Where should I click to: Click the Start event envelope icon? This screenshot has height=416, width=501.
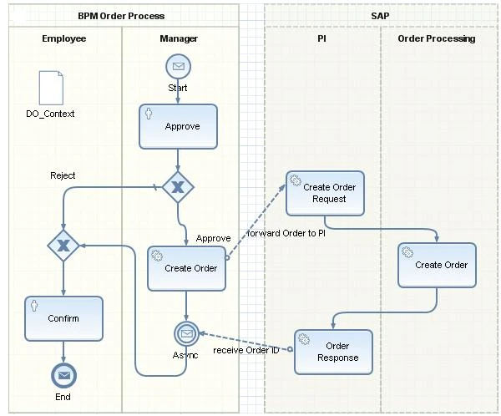click(x=177, y=67)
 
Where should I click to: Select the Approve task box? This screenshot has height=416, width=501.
click(x=178, y=126)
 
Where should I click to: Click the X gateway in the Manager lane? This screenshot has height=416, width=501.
click(x=177, y=188)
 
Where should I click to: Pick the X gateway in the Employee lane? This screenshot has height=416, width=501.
click(x=63, y=246)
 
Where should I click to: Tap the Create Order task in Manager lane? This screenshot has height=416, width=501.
click(x=186, y=268)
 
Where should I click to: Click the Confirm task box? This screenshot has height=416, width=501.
click(x=63, y=318)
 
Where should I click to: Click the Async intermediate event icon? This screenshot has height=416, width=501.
click(x=186, y=334)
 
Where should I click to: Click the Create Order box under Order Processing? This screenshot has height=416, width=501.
click(x=437, y=265)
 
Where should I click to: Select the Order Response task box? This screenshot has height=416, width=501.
click(x=332, y=352)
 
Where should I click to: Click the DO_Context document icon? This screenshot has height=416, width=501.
click(x=50, y=87)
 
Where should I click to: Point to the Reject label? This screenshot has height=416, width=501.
click(x=63, y=175)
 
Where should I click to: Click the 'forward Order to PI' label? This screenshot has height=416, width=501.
click(x=286, y=233)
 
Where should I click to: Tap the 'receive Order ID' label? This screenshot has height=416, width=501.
click(x=246, y=350)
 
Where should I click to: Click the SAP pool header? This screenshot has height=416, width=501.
click(x=381, y=15)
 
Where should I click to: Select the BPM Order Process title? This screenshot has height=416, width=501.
click(x=121, y=15)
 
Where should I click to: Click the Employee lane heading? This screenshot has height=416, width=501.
click(x=63, y=38)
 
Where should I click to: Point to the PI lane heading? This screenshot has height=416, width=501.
click(x=322, y=38)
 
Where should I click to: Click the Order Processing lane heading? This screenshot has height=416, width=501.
click(x=436, y=38)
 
